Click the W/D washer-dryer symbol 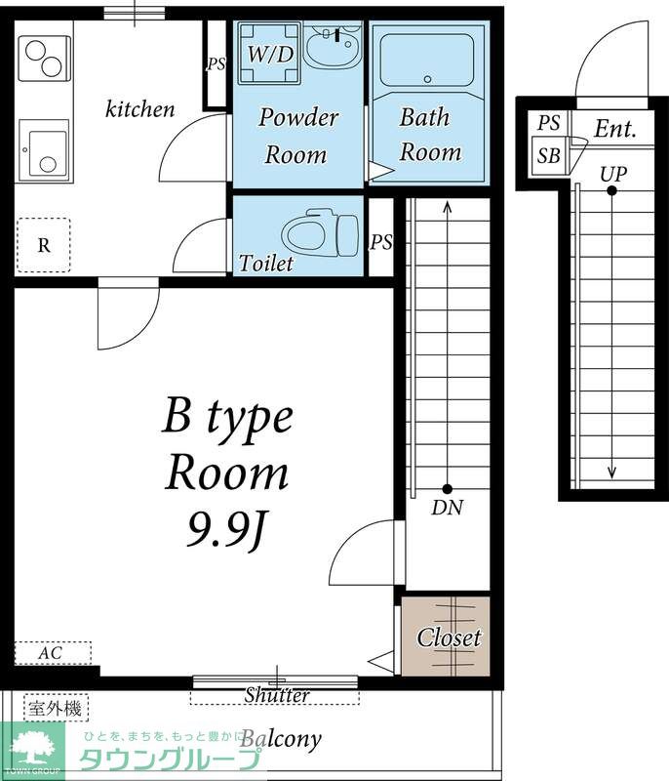point(269,53)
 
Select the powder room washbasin point(333,46)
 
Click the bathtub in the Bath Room point(427,61)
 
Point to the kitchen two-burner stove point(44,59)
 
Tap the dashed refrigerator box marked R point(44,245)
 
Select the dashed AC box point(53,652)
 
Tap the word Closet point(450,637)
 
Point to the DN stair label point(448,508)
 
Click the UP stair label point(612,175)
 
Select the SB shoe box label point(548,156)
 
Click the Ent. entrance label point(615,129)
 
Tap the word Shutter point(277,695)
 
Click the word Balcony point(282,739)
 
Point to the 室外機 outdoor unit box point(56,708)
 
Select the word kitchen point(139,109)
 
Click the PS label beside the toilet point(381,242)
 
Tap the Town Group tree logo point(33,750)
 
